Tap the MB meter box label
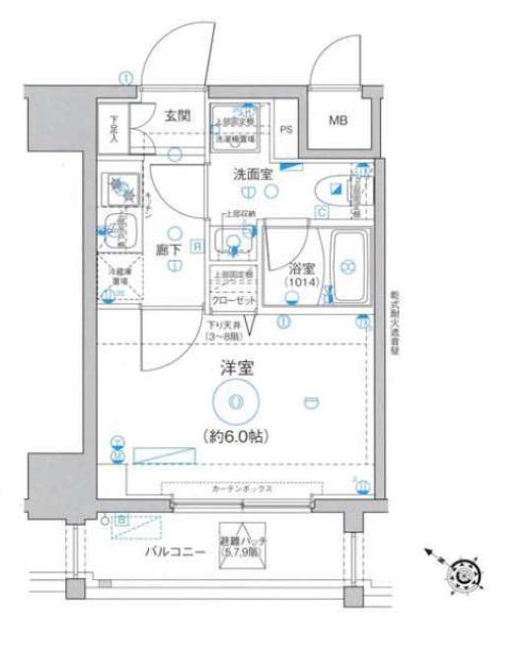[339, 120]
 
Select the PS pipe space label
[287, 128]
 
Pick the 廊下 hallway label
[169, 251]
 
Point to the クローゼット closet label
[233, 300]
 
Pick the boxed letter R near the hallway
[197, 246]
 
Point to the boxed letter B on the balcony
[121, 519]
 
